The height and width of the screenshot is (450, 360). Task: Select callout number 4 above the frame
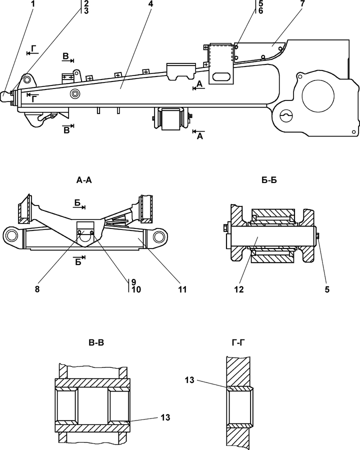click(x=151, y=4)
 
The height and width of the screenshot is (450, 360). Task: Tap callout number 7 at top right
click(x=303, y=4)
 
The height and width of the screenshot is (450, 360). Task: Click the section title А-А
click(x=84, y=180)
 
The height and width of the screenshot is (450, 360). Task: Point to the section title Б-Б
click(x=269, y=180)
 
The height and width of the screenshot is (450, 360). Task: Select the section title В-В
click(x=96, y=342)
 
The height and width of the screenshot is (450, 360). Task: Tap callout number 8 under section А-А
click(x=37, y=289)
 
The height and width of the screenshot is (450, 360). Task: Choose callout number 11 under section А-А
click(x=182, y=289)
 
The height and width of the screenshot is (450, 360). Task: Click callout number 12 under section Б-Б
click(x=239, y=289)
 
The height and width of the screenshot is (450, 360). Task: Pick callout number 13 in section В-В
click(x=165, y=417)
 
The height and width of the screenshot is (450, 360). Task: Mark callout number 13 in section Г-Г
click(x=189, y=380)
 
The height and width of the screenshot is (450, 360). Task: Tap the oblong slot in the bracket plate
click(x=221, y=76)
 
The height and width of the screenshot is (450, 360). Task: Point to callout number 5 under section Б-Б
click(x=327, y=289)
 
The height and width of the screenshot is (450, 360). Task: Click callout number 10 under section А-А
click(x=136, y=289)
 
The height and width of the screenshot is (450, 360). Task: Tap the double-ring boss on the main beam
click(x=75, y=93)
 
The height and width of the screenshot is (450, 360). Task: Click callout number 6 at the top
click(x=260, y=11)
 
